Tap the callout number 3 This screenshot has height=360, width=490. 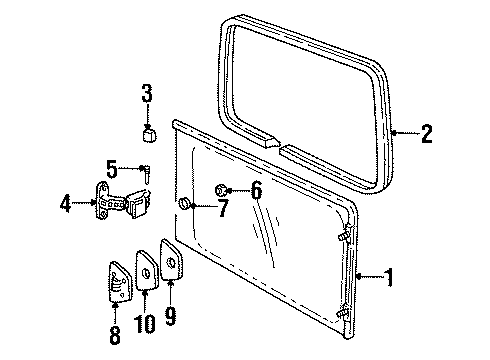(147, 96)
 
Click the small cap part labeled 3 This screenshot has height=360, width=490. (148, 134)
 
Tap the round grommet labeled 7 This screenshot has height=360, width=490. (184, 206)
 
